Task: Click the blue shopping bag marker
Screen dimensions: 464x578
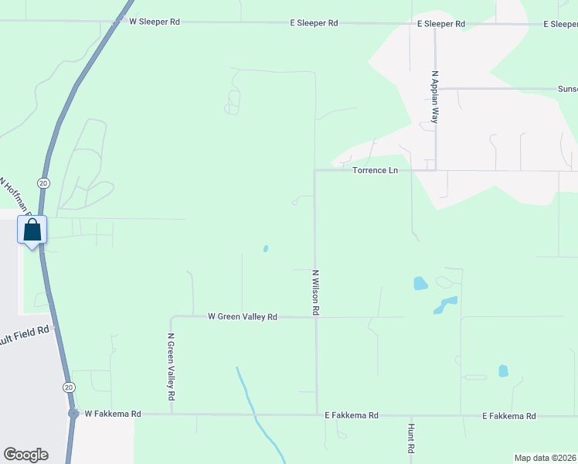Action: click(x=32, y=230)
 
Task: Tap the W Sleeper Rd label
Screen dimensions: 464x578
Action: click(x=155, y=22)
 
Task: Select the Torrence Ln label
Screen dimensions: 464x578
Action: click(x=375, y=170)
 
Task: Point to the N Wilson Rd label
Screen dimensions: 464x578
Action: click(x=315, y=292)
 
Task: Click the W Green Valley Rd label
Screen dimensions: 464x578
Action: click(x=243, y=317)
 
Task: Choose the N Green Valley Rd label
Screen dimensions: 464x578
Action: click(x=172, y=367)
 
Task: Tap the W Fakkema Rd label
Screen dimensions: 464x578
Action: click(x=113, y=415)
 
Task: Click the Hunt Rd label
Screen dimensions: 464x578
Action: click(x=411, y=438)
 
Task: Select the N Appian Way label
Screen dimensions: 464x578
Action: click(x=435, y=97)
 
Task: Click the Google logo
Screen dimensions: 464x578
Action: click(x=25, y=455)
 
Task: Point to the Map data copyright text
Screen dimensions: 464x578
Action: click(x=545, y=458)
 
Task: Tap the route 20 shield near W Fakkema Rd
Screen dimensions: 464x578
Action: click(x=69, y=387)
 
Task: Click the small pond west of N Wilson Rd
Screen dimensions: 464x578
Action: click(x=266, y=249)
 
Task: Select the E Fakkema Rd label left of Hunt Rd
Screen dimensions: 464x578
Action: click(x=352, y=415)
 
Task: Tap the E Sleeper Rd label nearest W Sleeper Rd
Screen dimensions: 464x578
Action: click(x=314, y=23)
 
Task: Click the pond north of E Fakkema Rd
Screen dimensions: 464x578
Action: click(x=504, y=370)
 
